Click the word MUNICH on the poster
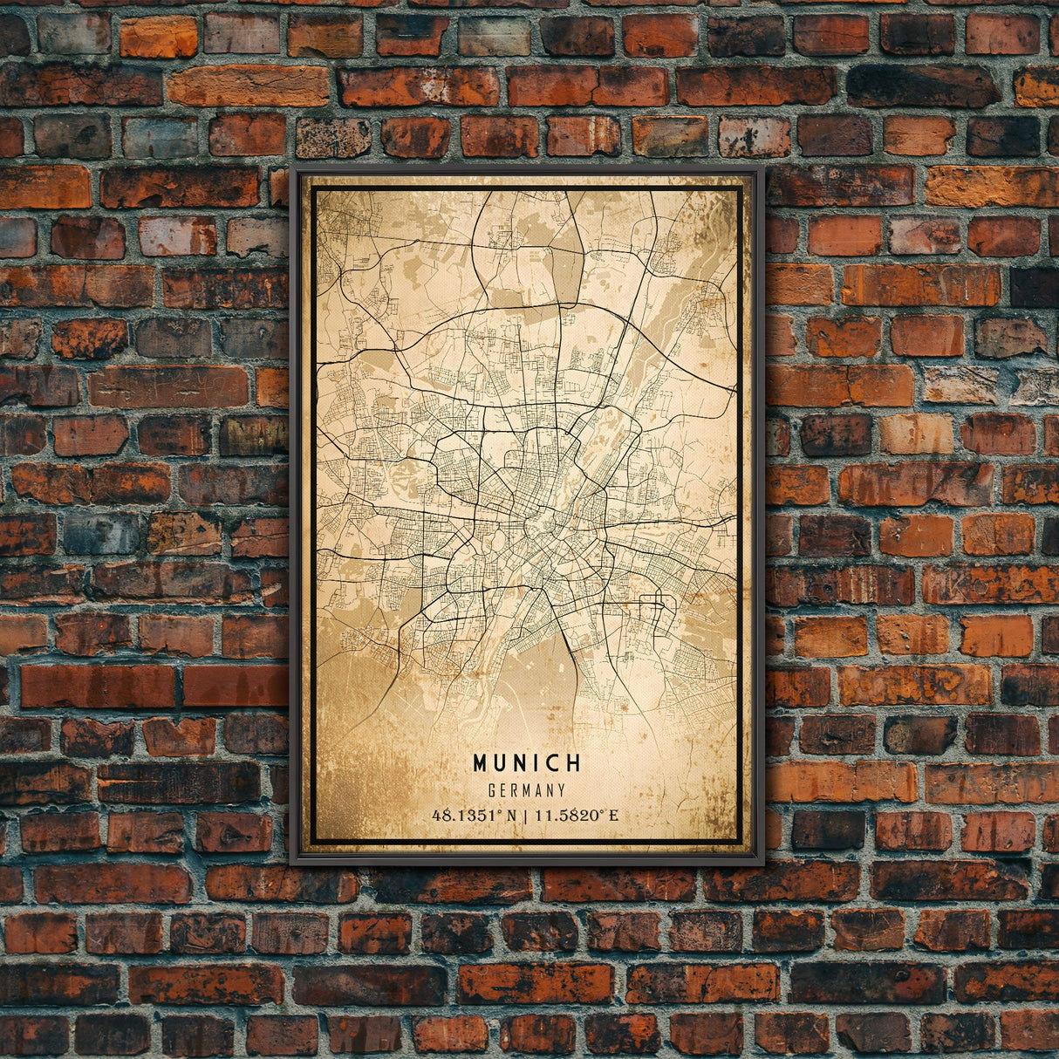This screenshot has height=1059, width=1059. pyautogui.click(x=527, y=763)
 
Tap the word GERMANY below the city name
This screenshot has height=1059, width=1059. pyautogui.click(x=527, y=790)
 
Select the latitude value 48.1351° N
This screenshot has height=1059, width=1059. pyautogui.click(x=475, y=816)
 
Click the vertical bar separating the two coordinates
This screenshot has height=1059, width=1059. pyautogui.click(x=526, y=816)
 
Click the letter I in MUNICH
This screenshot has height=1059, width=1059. pyautogui.click(x=538, y=763)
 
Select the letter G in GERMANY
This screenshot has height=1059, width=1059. pyautogui.click(x=493, y=790)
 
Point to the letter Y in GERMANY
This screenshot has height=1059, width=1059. pyautogui.click(x=562, y=790)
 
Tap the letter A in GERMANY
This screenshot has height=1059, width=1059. pyautogui.click(x=538, y=790)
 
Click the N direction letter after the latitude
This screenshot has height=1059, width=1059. pyautogui.click(x=512, y=816)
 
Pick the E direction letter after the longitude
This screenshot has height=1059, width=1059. pyautogui.click(x=613, y=816)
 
